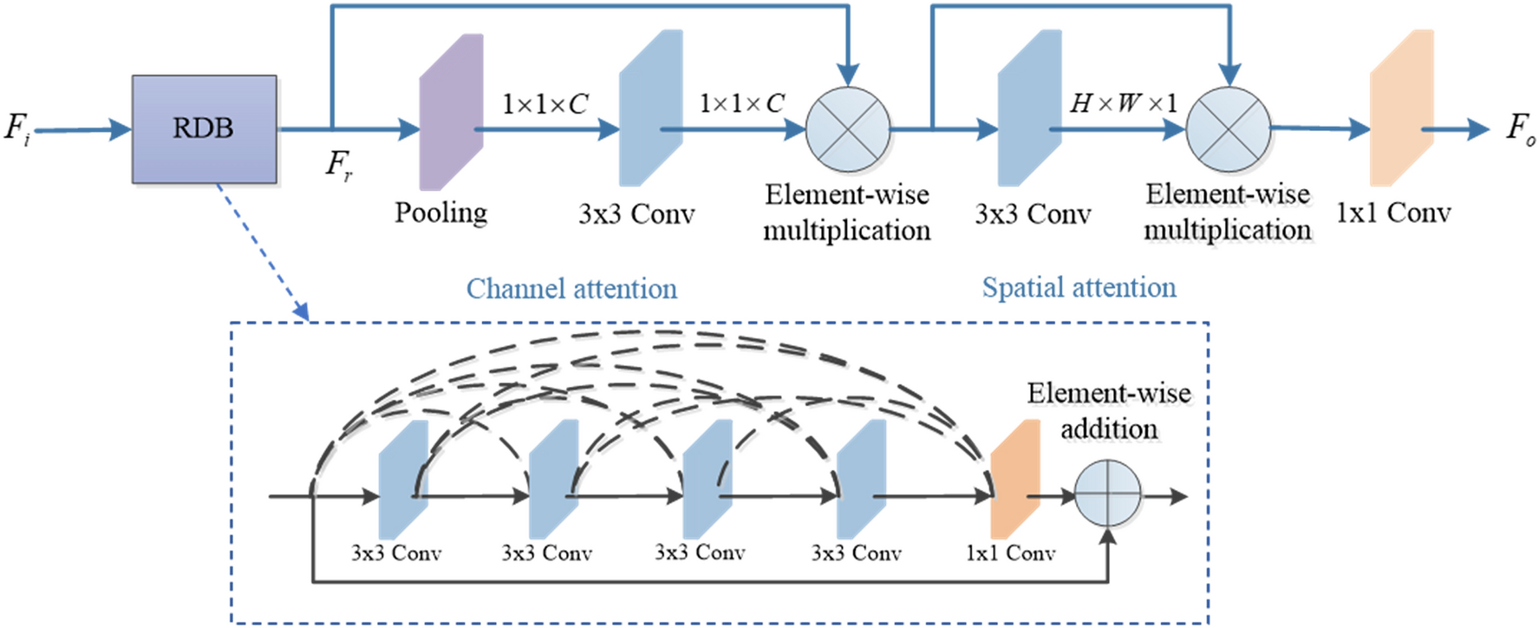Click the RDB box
click(x=204, y=129)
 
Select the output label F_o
click(x=1520, y=129)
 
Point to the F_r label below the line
click(x=339, y=164)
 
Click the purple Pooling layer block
click(x=451, y=112)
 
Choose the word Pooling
click(x=440, y=213)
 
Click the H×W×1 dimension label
click(x=1123, y=103)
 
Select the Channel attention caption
click(x=571, y=289)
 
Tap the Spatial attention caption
click(x=1079, y=288)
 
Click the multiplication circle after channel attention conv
click(x=847, y=129)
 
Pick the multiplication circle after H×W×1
click(x=1228, y=129)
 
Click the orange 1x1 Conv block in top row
click(x=1400, y=108)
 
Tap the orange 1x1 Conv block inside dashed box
click(x=1014, y=479)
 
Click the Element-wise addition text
click(x=1109, y=410)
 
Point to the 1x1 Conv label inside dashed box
click(x=1010, y=553)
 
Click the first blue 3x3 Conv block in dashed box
click(x=403, y=479)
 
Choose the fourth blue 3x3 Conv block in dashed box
click(x=861, y=479)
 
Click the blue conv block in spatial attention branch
click(x=1029, y=108)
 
